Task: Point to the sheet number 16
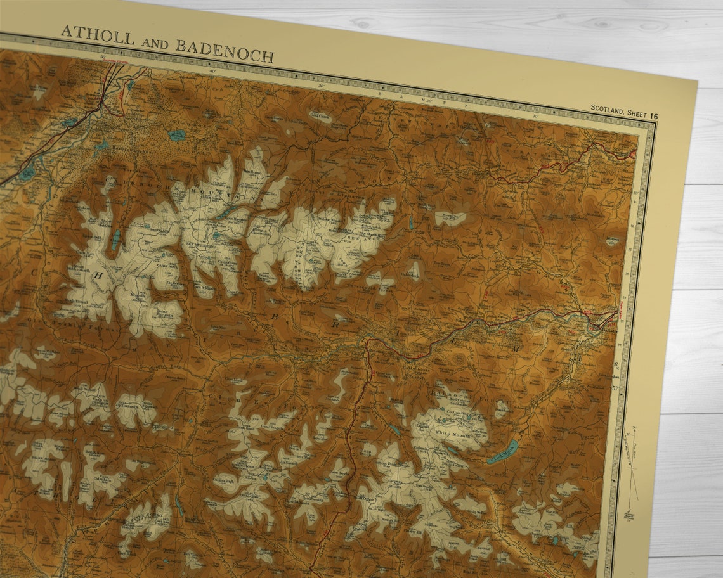(x=653, y=115)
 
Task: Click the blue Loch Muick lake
(x=502, y=453)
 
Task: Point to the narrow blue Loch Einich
(x=116, y=240)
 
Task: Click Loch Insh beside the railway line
(x=27, y=173)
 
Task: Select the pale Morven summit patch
(x=612, y=241)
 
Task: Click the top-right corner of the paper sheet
(x=697, y=80)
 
